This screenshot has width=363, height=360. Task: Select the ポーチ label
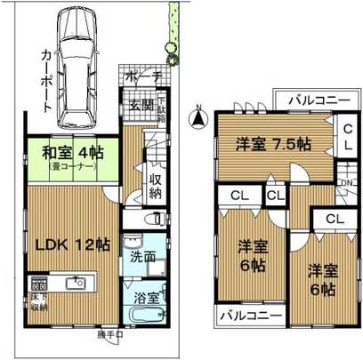142,77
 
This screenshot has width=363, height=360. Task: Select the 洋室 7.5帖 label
271,142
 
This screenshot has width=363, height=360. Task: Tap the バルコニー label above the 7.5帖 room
311,100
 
